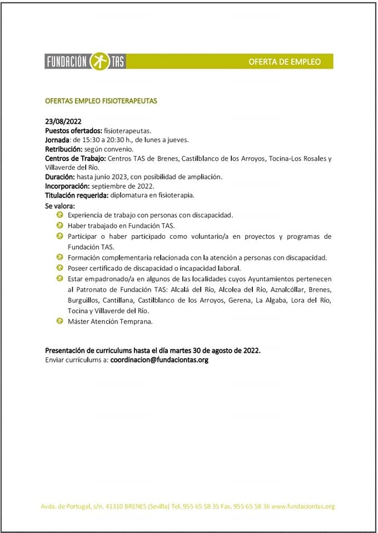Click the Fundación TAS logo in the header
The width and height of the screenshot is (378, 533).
coord(85,61)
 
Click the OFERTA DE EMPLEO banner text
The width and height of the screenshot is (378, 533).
coord(285,62)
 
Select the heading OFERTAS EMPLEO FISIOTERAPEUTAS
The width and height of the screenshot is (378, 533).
coord(101,101)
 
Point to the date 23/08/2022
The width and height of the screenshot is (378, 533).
coord(63,121)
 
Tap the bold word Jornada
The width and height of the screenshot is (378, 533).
coord(57,139)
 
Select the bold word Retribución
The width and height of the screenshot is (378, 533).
coord(63,149)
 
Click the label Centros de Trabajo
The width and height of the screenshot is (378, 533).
coord(75,158)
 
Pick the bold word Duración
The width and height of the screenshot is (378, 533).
coord(60,177)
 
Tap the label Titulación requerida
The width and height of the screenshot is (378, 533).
coord(75,195)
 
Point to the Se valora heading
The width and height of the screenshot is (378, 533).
coord(59,205)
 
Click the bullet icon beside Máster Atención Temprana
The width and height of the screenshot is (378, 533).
coord(60,321)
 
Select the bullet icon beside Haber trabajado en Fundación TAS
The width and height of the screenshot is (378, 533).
coord(60,225)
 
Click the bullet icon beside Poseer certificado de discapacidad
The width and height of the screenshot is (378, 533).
coord(60,268)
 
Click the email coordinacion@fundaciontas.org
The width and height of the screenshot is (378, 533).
coord(160,360)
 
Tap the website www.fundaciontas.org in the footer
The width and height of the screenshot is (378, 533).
coord(304,506)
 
